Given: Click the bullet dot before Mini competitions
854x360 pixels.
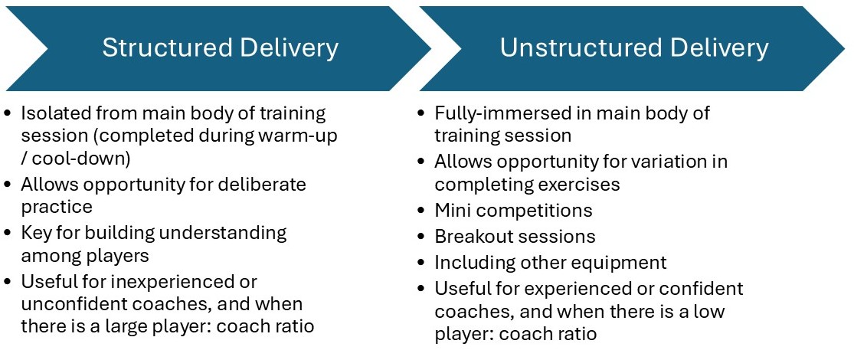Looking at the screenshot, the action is [421, 211].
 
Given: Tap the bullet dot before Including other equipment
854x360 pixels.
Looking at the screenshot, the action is [421, 263].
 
